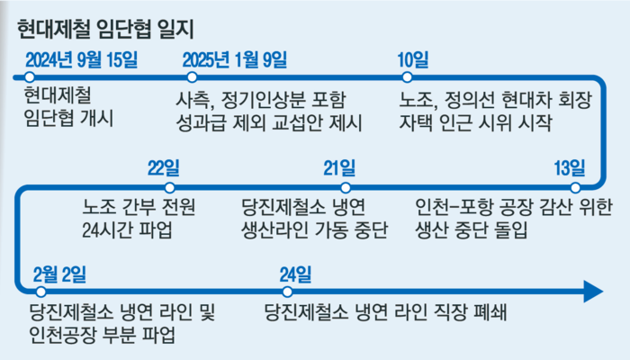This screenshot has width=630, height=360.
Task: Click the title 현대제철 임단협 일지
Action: [105, 30]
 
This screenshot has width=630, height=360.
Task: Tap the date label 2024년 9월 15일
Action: [82, 60]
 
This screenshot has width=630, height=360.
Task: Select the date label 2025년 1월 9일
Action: [235, 60]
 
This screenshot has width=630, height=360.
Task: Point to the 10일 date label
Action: [413, 60]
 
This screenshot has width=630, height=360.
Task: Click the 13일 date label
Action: [570, 168]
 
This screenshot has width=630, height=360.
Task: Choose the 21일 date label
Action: [339, 168]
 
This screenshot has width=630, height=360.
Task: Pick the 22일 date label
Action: [164, 168]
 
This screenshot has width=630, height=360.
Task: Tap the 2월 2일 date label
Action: [60, 274]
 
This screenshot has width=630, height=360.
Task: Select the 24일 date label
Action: [296, 274]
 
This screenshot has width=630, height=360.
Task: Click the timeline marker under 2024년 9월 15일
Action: [30, 77]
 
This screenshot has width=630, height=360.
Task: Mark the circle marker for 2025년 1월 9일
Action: [192, 77]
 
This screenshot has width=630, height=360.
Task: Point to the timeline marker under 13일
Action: [575, 187]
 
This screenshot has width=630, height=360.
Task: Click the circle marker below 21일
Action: [345, 187]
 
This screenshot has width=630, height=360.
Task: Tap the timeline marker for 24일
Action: [287, 292]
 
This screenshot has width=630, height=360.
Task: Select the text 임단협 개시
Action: [68, 118]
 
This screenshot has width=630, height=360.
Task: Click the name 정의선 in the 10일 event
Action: [469, 100]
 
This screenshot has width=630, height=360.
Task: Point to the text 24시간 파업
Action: [128, 230]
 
